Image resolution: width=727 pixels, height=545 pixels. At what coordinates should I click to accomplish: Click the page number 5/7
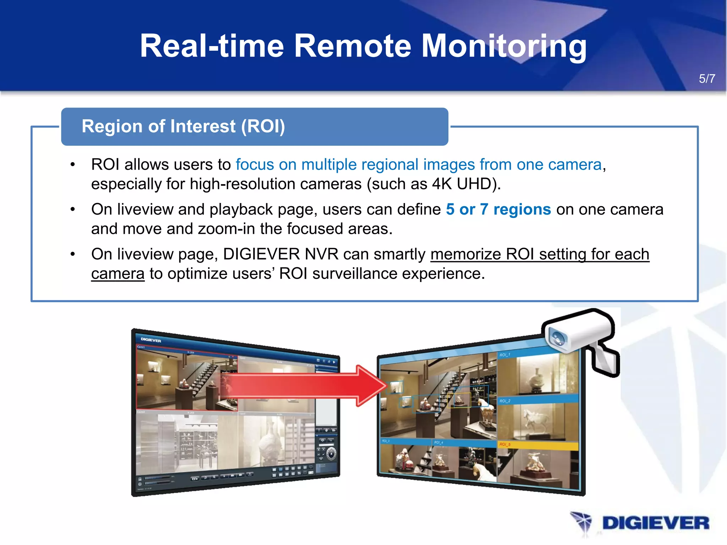click(707, 79)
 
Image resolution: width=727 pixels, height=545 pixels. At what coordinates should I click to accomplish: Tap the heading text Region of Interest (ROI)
click(183, 126)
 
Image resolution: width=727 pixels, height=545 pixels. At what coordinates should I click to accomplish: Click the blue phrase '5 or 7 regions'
click(498, 209)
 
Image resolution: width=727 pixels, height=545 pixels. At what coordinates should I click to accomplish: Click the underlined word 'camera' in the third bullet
click(117, 274)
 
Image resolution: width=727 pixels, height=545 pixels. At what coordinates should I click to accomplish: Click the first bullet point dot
click(73, 165)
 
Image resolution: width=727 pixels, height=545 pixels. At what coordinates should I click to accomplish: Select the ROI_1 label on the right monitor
click(504, 355)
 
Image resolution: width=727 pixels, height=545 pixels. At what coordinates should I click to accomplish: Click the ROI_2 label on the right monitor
click(504, 401)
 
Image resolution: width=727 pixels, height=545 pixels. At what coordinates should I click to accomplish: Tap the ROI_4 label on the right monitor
click(438, 442)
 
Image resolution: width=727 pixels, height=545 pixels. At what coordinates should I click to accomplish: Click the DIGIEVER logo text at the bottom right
click(655, 523)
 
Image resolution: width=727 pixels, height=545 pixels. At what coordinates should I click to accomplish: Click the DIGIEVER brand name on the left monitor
click(151, 340)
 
